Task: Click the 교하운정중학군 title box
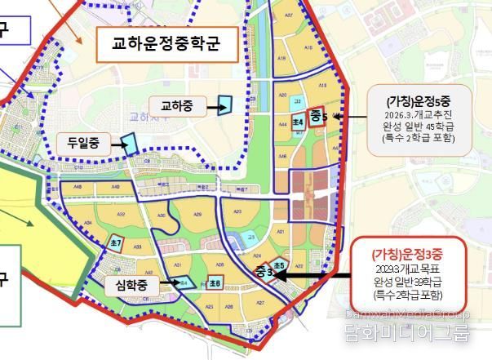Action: coord(166,43)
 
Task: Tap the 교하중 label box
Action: coord(175,106)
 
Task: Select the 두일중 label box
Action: coord(83,144)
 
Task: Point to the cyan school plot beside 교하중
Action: coord(224,104)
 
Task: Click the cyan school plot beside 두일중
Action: coord(128,144)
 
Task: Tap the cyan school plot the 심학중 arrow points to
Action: coord(185,283)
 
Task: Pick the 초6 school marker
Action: coord(215,282)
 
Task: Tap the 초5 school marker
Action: coord(279,266)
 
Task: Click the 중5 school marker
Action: coord(317,117)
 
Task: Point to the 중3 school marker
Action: coord(264,271)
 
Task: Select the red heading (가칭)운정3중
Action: coord(408,255)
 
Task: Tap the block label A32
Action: coord(122,214)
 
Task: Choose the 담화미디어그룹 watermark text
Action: coord(419,333)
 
